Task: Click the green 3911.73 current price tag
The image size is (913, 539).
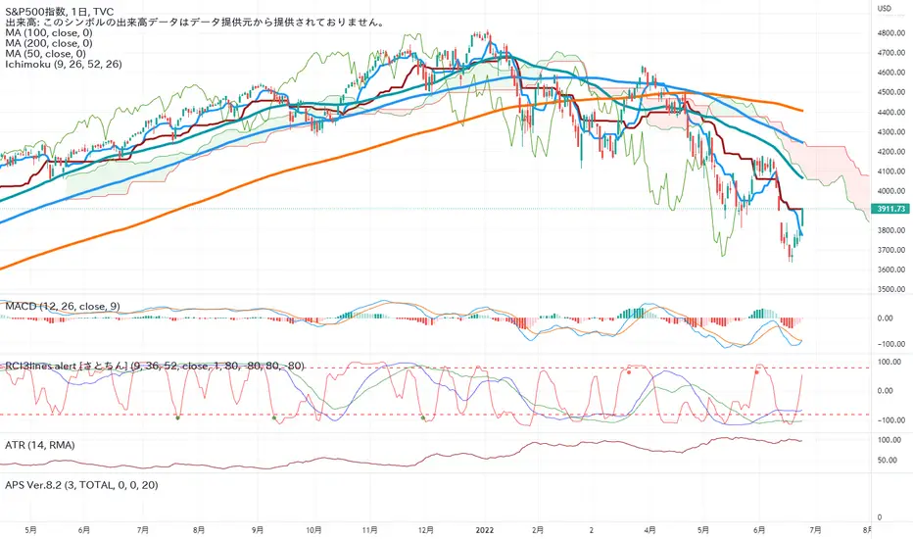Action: (889, 210)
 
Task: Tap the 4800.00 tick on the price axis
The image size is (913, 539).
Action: (889, 33)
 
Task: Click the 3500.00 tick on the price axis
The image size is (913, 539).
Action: (889, 290)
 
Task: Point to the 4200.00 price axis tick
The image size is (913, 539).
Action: (889, 152)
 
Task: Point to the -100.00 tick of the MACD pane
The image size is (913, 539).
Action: (889, 344)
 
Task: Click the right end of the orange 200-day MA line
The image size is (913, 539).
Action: (803, 110)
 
